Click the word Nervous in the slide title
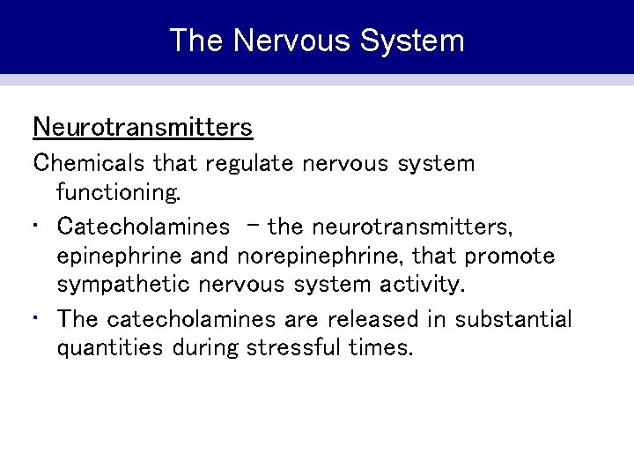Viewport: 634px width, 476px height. pyautogui.click(x=280, y=41)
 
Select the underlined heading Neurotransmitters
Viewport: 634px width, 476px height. pyautogui.click(x=143, y=128)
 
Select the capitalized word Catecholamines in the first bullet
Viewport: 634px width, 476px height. pyautogui.click(x=143, y=226)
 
